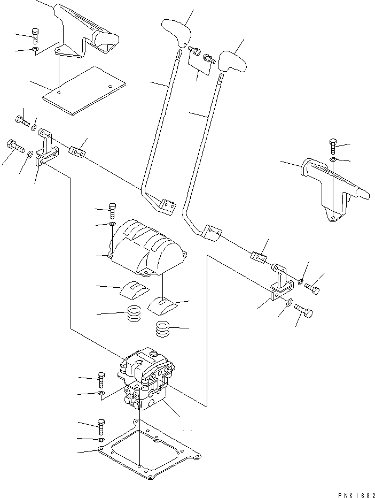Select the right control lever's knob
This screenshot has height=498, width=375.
233,60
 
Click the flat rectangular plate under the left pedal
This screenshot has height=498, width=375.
83,89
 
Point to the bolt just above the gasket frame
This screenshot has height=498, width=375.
101,427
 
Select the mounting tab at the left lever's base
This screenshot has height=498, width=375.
168,206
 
